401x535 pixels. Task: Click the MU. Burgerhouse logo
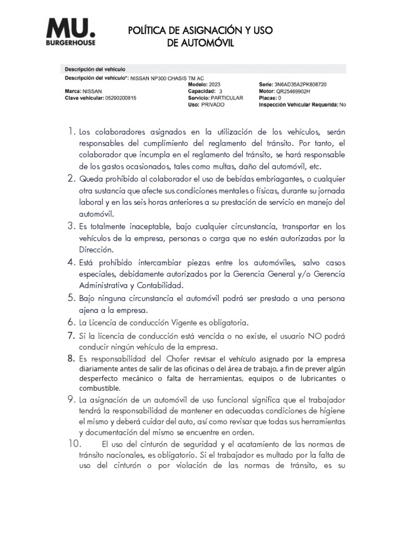[71, 32]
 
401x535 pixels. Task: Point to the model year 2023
[214, 84]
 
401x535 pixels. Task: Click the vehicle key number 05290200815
[121, 98]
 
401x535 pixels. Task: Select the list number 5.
[72, 298]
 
